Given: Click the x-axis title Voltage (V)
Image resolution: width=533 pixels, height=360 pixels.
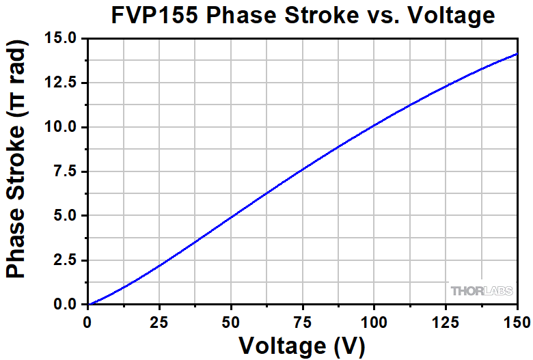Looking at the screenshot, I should [301, 345].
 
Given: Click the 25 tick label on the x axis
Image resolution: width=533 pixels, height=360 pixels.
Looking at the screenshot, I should [159, 322].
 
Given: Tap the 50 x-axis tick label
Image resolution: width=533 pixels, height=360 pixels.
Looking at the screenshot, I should [231, 322].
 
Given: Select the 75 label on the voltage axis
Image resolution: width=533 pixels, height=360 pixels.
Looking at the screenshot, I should [302, 322].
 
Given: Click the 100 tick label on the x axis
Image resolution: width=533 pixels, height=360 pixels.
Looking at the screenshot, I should [374, 322].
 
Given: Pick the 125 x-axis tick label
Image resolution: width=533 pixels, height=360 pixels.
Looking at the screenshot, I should [446, 322].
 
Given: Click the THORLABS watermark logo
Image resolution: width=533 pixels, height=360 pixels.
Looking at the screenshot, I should [480, 291].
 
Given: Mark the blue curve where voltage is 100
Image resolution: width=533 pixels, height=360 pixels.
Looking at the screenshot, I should [374, 126].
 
